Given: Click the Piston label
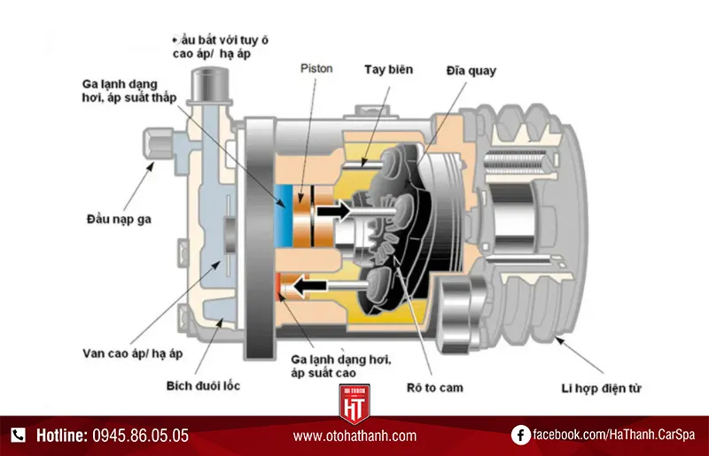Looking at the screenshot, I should point(316,66).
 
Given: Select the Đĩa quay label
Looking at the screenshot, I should point(471,70).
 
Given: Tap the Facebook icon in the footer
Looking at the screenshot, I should point(521,435).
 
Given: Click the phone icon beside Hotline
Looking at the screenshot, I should point(19,435).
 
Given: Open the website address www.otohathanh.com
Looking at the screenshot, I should point(354,436).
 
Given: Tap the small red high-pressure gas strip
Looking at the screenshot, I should point(280,285).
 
